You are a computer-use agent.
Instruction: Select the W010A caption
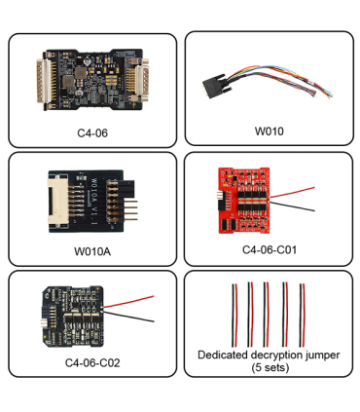91,250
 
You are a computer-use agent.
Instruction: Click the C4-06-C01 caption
269,250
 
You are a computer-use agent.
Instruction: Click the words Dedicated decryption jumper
269,355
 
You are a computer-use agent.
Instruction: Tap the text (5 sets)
269,367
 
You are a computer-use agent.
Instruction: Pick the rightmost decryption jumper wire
305,310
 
